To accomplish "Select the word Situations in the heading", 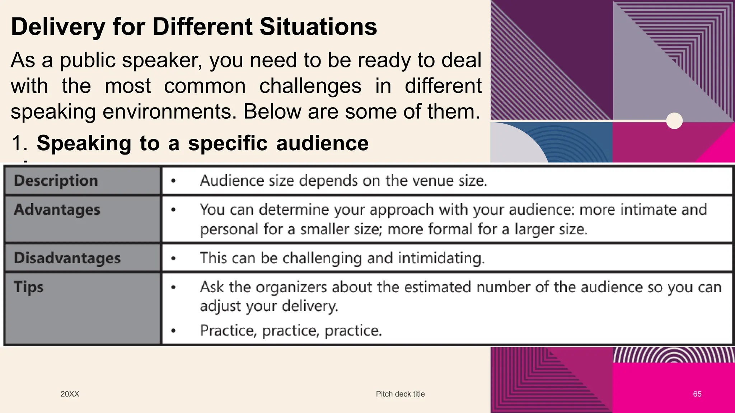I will pyautogui.click(x=318, y=27).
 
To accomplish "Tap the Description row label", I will pyautogui.click(x=56, y=180).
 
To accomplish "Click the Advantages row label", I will pyautogui.click(x=57, y=210).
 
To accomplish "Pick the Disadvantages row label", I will pyautogui.click(x=67, y=258).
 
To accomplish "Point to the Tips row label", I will pyautogui.click(x=29, y=287).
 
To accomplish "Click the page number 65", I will pyautogui.click(x=697, y=394).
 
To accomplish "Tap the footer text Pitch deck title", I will pyautogui.click(x=400, y=394).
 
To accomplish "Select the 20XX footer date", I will pyautogui.click(x=70, y=394).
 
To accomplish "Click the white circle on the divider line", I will pyautogui.click(x=674, y=121).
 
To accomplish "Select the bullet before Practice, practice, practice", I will pyautogui.click(x=173, y=331).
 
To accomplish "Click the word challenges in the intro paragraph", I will pyautogui.click(x=310, y=86).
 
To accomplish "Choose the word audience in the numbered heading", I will pyautogui.click(x=322, y=143).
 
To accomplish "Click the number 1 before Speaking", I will pyautogui.click(x=17, y=143).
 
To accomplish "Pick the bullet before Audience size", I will pyautogui.click(x=173, y=181).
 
